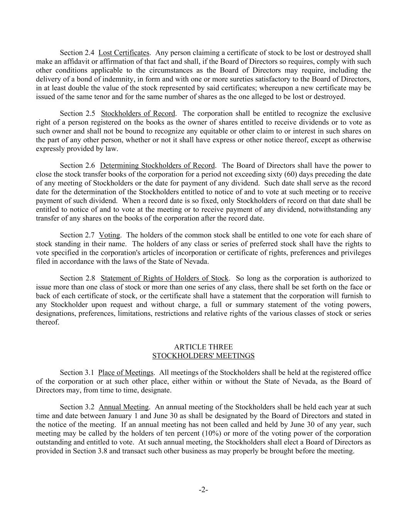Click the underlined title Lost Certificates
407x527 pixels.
pyautogui.click(x=123, y=53)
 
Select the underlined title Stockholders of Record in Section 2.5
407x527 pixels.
pyautogui.click(x=138, y=114)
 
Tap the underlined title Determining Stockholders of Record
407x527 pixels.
pyautogui.click(x=157, y=166)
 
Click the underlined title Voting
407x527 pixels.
pyautogui.click(x=110, y=235)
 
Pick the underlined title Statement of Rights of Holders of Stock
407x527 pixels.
pyautogui.click(x=164, y=278)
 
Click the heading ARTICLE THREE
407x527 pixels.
pyautogui.click(x=203, y=347)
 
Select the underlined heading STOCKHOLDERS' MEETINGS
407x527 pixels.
pyautogui.click(x=203, y=356)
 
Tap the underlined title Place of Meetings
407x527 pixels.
pyautogui.click(x=126, y=373)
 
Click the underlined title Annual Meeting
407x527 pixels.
pyautogui.click(x=123, y=407)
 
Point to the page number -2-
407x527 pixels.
pyautogui.click(x=203, y=490)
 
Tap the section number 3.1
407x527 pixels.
pyautogui.click(x=89, y=373)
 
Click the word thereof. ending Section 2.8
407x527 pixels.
pyautogui.click(x=48, y=322)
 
